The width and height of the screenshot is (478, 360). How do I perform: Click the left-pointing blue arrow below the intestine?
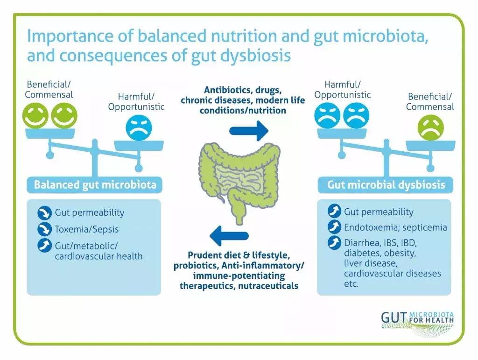(x=229, y=235)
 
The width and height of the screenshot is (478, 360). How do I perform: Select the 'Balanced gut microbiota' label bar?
(x=95, y=185)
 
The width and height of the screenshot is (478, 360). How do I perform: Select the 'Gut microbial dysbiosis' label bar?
(x=386, y=185)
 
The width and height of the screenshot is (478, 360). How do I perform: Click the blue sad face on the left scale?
(x=138, y=129)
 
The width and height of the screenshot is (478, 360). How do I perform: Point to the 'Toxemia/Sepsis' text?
(x=87, y=229)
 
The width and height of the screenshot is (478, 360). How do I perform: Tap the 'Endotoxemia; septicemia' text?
(x=395, y=228)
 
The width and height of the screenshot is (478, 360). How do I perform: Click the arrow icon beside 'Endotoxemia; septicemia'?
(x=334, y=227)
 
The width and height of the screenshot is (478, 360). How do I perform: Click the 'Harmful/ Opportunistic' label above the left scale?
(x=136, y=102)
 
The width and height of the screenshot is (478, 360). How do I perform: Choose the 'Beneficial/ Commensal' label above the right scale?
(x=430, y=102)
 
